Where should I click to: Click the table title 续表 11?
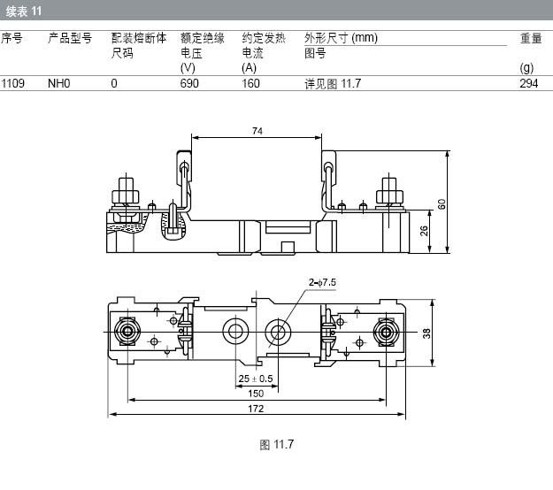24,11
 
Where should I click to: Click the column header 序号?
12,38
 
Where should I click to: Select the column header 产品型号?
70,38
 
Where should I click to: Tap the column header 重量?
531,38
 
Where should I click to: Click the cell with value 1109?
13,84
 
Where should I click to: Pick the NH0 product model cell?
58,84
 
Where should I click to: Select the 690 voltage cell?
190,84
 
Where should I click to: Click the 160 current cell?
251,84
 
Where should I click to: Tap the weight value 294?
529,84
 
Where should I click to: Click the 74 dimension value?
257,131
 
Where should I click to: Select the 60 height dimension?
442,204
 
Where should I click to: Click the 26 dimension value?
423,232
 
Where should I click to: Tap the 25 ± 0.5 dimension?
256,379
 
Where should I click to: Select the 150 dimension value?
256,394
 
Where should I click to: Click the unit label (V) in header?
187,67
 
